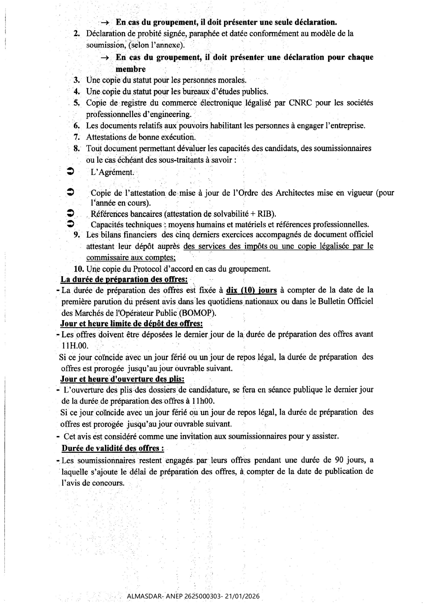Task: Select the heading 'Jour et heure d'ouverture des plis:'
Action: (122, 379)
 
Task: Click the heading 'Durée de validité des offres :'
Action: (113, 448)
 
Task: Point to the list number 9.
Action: (77, 235)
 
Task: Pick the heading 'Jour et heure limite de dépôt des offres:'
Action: (131, 324)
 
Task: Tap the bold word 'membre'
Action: (131, 69)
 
